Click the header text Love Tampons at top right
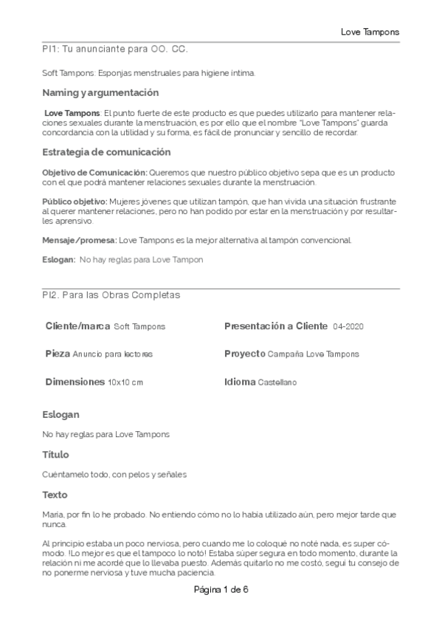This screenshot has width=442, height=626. (370, 32)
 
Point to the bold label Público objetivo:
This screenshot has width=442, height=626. (75, 202)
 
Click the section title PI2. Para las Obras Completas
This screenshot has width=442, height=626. (111, 295)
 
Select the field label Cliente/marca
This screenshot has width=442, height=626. (78, 326)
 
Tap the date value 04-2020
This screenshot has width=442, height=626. (348, 326)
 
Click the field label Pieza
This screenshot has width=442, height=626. (58, 354)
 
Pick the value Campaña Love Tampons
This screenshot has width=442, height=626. (314, 354)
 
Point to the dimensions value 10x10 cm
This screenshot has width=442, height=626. (125, 382)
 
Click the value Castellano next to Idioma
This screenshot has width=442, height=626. (277, 382)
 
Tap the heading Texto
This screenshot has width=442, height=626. (55, 494)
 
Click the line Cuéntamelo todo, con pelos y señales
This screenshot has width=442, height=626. (114, 474)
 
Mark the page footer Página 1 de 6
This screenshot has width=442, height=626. (221, 590)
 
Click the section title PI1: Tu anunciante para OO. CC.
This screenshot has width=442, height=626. (114, 49)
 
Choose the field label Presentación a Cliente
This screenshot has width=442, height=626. (276, 326)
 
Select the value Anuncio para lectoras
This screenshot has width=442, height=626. (113, 354)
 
